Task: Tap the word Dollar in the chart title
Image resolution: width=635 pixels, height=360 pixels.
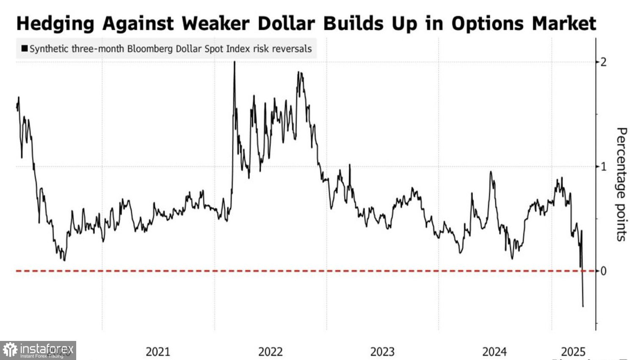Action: pos(286,24)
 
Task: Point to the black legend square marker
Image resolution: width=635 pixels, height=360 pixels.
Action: pos(25,49)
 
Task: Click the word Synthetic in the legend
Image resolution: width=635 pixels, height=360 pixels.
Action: pos(49,49)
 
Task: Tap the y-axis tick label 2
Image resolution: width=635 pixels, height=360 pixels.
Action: pos(604,62)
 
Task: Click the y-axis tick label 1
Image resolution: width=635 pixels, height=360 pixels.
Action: pos(604,166)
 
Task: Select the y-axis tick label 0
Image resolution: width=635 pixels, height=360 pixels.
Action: pos(604,271)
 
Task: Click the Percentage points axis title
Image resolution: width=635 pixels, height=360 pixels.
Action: pos(621,184)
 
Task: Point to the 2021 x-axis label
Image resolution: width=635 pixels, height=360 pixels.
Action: pos(158,352)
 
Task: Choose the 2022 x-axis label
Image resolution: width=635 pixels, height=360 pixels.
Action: pos(270,352)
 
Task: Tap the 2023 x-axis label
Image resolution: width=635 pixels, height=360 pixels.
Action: pos(382,352)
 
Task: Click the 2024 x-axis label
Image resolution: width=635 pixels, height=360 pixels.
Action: pos(494,352)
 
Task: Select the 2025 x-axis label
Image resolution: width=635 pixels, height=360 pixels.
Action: pos(573,352)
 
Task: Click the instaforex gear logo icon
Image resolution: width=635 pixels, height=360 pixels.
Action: pos(10,350)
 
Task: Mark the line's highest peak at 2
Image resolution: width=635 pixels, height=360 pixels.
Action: pos(235,62)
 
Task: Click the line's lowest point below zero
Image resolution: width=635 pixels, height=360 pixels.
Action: pos(583,306)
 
